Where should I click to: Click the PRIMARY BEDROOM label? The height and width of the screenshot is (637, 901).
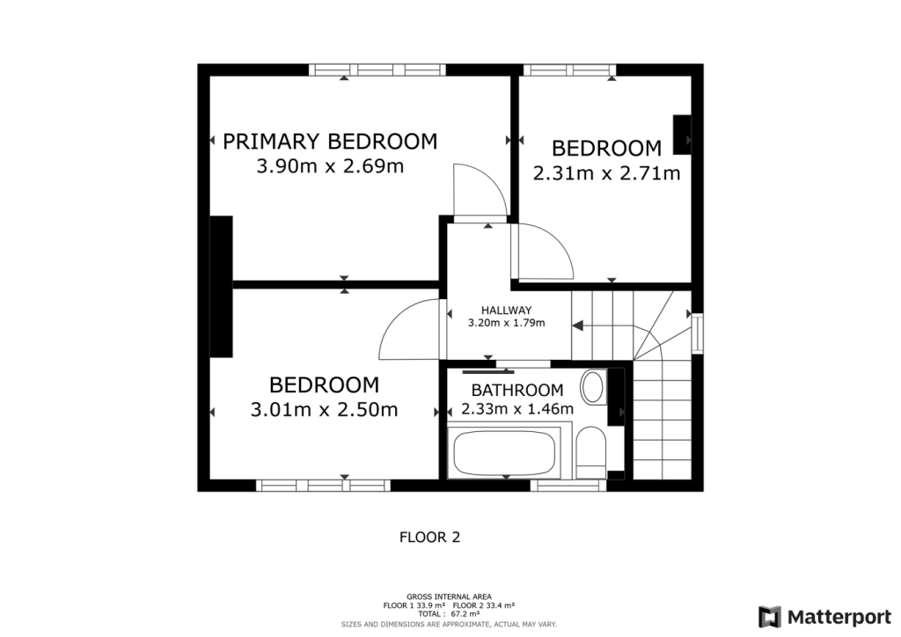(x=330, y=142)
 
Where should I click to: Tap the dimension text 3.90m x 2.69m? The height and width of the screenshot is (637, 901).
(x=330, y=166)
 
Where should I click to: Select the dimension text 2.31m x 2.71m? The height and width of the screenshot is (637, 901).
(x=606, y=173)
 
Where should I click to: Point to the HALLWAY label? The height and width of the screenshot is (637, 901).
(x=506, y=311)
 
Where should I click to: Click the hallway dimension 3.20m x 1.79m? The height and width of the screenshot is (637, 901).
(x=506, y=323)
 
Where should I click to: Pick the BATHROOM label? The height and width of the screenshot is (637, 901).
(x=516, y=391)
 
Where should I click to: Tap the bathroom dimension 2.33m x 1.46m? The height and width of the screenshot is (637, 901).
(x=516, y=409)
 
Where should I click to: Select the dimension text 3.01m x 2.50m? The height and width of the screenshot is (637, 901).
(x=324, y=410)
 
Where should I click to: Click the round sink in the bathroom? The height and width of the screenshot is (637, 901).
(x=594, y=386)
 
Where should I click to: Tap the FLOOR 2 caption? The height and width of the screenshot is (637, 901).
(x=429, y=537)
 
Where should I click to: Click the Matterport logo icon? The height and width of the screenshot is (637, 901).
(x=770, y=616)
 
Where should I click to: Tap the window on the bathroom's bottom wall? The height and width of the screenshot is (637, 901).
(x=568, y=485)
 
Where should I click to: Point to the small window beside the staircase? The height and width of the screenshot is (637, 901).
(x=698, y=332)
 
